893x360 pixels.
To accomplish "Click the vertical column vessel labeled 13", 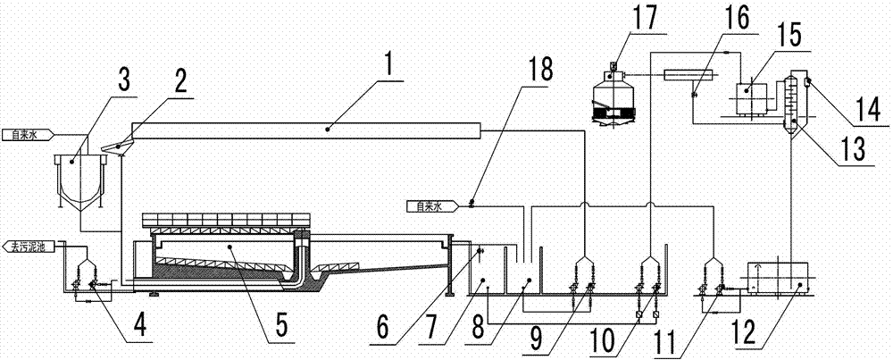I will pos(793,107).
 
